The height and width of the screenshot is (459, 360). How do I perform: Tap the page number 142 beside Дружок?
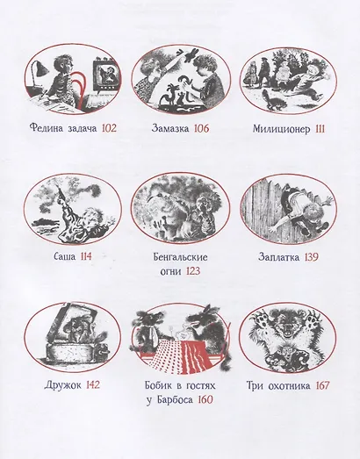coord(90,385)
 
